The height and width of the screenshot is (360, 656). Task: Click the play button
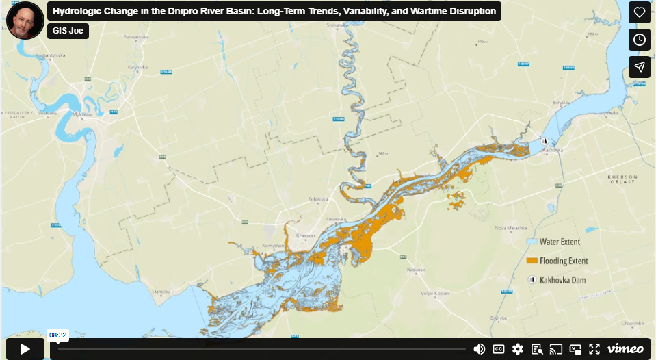[x=25, y=348]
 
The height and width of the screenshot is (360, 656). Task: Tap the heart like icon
[x=639, y=12]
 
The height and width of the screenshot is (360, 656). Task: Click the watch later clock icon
[x=639, y=40]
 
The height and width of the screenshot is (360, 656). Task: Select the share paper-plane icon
[x=639, y=66]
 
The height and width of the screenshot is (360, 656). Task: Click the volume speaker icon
[x=479, y=349]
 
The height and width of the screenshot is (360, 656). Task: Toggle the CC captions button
[x=499, y=349]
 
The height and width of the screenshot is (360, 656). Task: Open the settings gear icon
[x=518, y=349]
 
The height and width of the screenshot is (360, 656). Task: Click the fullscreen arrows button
[x=594, y=349]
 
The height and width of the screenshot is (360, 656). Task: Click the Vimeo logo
[x=625, y=349]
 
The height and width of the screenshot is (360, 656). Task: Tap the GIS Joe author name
[x=68, y=31]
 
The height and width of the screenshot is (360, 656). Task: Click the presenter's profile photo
[x=25, y=20]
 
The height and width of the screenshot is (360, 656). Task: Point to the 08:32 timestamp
[x=57, y=335]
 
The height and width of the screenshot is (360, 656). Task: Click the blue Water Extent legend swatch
[x=532, y=242]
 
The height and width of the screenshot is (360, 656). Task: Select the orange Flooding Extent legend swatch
[x=532, y=261]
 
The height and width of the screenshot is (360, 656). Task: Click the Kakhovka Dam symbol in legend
[x=532, y=280]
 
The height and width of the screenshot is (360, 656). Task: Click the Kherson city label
[x=306, y=236]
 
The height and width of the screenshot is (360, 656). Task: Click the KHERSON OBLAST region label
[x=622, y=179]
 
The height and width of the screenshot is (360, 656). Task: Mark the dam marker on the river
[x=545, y=141]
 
